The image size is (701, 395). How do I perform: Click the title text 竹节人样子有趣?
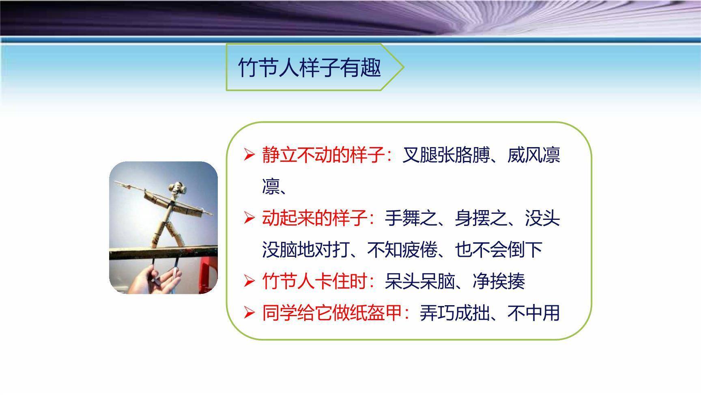click(309, 67)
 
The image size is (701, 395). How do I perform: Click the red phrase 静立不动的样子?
click(323, 155)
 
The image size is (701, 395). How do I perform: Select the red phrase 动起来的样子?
click(314, 218)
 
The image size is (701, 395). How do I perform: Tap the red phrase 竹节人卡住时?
click(314, 281)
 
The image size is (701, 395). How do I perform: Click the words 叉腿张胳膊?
click(445, 155)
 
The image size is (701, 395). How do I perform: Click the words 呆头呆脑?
click(419, 281)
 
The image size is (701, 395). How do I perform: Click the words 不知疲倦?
click(402, 250)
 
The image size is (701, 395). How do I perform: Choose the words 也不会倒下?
click(498, 250)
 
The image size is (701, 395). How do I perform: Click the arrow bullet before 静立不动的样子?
click(249, 155)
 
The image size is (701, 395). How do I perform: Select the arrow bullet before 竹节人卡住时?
click(249, 281)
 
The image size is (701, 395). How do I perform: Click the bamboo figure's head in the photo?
click(177, 188)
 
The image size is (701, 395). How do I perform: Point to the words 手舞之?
click(411, 218)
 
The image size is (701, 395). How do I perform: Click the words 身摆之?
click(481, 218)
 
